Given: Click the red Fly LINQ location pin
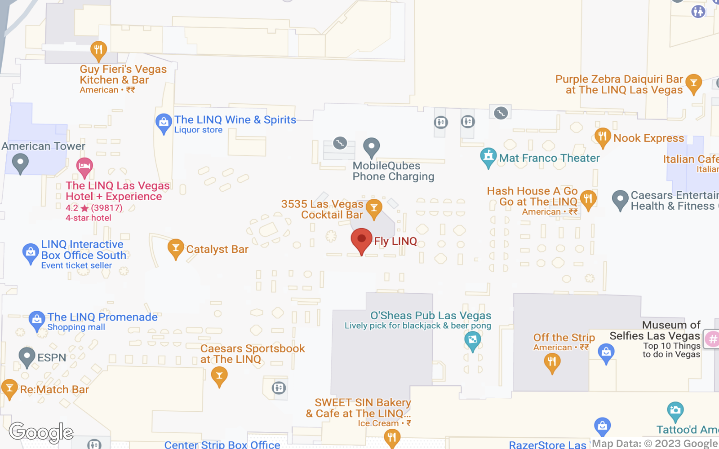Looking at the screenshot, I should (x=361, y=240).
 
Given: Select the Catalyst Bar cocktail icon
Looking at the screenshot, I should (x=176, y=248).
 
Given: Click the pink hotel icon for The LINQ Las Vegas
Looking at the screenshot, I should (x=84, y=167).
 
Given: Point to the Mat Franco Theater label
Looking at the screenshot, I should (x=549, y=158).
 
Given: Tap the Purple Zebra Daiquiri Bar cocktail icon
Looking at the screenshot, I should (x=693, y=84).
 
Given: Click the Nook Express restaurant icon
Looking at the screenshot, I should (x=603, y=136).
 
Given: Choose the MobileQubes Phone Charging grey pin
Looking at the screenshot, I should (x=371, y=146).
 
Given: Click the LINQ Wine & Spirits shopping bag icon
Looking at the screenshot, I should (x=164, y=122).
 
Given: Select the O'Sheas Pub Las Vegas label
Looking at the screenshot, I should (x=431, y=316).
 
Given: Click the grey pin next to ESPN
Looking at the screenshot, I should (x=27, y=357).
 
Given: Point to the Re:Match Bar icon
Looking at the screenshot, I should (x=9, y=388).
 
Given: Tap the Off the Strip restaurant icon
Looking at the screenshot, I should (x=552, y=362).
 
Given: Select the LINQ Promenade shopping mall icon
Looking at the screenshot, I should (x=37, y=321).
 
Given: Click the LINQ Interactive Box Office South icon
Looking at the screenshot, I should (x=31, y=253).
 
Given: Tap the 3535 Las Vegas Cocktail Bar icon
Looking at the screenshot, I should (x=374, y=208).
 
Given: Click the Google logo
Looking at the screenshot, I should (x=41, y=432).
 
